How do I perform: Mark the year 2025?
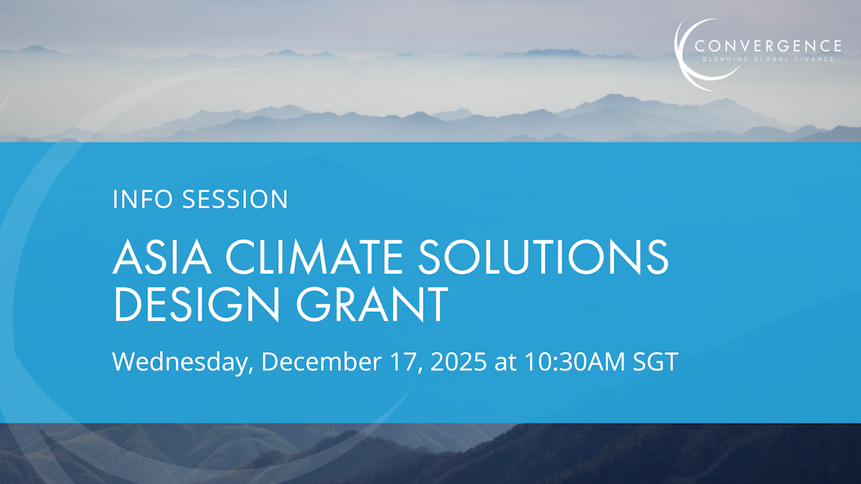(458, 362)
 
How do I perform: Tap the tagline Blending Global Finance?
(768, 60)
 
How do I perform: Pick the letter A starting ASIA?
(128, 257)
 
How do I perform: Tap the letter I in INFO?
(116, 199)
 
